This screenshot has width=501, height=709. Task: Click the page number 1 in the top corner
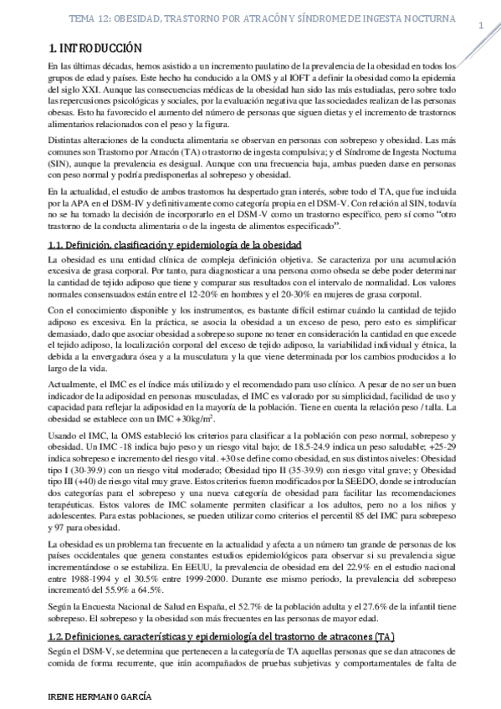482,25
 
